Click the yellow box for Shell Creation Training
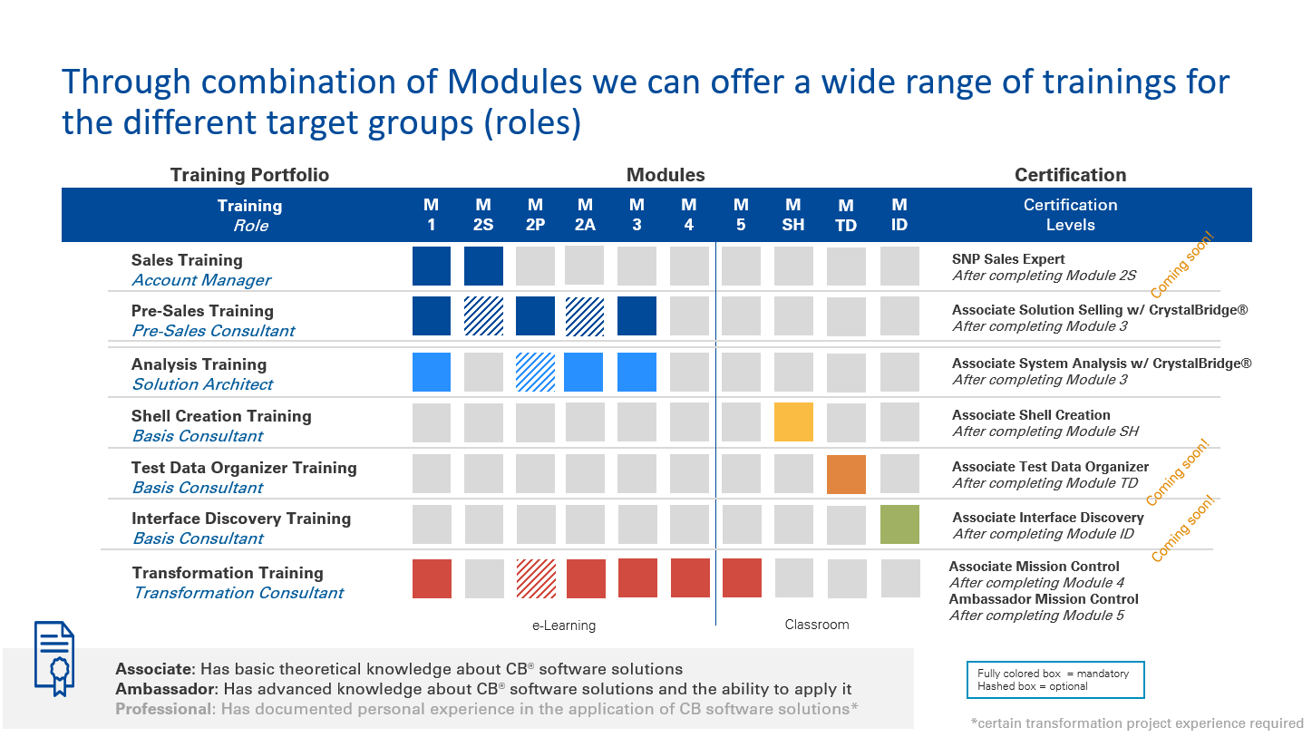[x=793, y=422]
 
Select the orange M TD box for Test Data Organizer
[x=846, y=474]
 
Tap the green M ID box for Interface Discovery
[x=899, y=525]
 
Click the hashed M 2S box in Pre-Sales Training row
[x=484, y=316]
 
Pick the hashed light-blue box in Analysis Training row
[x=535, y=372]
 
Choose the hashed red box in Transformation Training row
[x=536, y=578]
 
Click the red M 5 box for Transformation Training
[x=742, y=577]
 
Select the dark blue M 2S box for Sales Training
[x=484, y=266]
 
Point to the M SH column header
[x=793, y=215]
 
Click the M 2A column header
[x=585, y=215]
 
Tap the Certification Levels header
[x=1070, y=215]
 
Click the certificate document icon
[x=54, y=658]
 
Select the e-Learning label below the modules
[x=564, y=625]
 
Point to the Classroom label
[x=817, y=625]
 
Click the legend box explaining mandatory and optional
[x=1055, y=680]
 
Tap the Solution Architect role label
[x=203, y=384]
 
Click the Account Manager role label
[x=201, y=280]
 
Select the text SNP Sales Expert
[x=1008, y=258]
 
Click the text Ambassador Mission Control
[x=1044, y=599]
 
